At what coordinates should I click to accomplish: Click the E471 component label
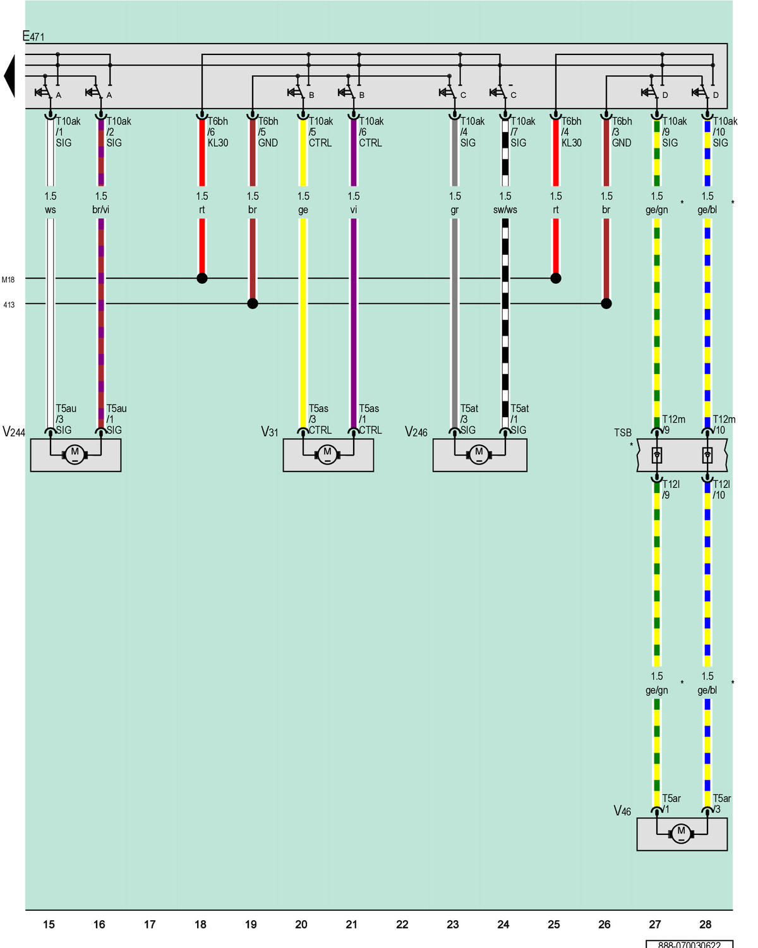pos(33,36)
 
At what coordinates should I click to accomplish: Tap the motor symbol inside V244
pos(75,454)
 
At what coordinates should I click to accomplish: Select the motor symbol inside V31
pos(327,454)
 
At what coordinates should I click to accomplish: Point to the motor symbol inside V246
pos(479,454)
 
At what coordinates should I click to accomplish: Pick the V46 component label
pos(622,811)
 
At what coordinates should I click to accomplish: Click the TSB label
pos(623,432)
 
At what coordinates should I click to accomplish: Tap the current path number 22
pos(402,924)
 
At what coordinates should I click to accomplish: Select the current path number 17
pos(150,924)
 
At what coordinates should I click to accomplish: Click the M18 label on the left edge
pos(8,279)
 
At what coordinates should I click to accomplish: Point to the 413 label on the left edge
pos(9,305)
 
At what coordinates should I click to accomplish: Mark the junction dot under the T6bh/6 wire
pos(202,278)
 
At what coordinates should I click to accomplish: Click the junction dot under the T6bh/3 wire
pos(606,303)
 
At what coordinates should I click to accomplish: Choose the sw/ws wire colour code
pos(505,210)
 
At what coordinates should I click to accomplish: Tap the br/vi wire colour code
pos(100,210)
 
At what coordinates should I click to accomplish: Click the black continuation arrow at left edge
pos(9,76)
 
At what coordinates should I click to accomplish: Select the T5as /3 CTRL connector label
pos(320,419)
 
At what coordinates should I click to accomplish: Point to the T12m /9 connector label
pos(673,424)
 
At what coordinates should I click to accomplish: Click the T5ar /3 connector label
pos(721,803)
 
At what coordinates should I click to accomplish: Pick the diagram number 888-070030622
pos(689,944)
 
